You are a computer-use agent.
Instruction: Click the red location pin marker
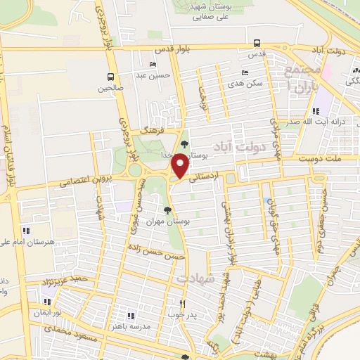point(181,166)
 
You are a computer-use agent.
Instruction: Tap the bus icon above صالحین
point(110,77)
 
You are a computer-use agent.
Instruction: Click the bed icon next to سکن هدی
point(245,72)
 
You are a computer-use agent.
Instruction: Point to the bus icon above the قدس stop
point(257,42)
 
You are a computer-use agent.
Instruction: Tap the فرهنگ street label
point(152,131)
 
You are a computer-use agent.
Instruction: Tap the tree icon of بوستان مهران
point(167,210)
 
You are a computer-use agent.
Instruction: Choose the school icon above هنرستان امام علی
point(26,230)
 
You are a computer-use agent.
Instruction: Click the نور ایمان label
point(51,311)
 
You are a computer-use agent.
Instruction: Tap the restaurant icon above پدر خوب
point(182,303)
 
